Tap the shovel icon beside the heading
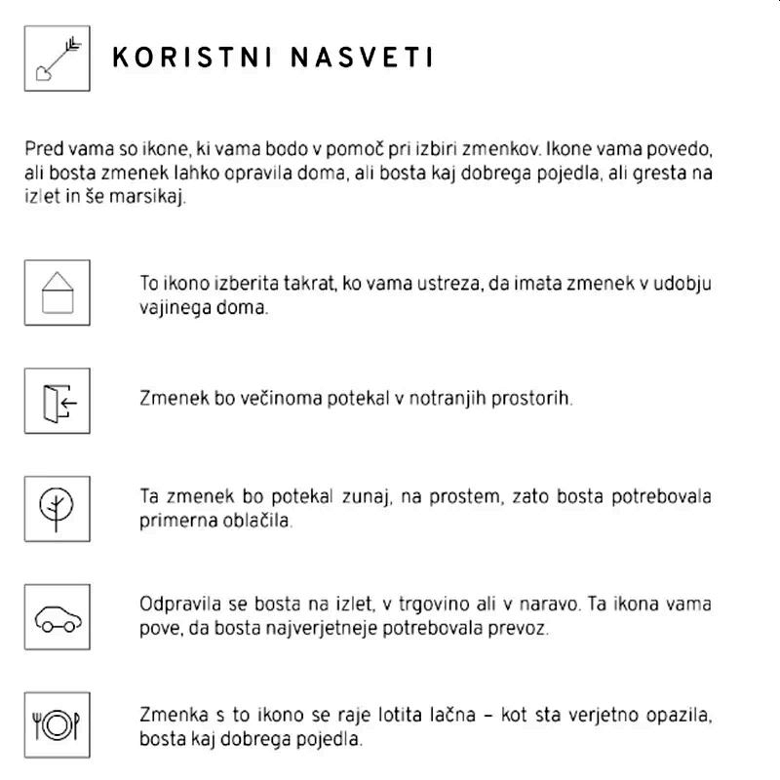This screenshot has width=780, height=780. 58,58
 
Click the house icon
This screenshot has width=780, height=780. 58,292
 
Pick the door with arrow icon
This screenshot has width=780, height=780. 58,401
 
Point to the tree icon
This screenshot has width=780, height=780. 58,509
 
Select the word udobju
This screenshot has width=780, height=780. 683,285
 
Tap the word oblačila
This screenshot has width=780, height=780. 258,520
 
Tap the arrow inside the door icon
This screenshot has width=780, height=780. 67,401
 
